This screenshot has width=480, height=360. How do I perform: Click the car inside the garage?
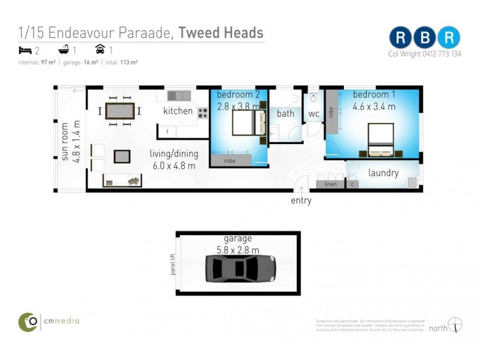240,268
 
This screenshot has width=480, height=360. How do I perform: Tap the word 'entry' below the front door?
301,201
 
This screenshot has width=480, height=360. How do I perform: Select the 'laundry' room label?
383,173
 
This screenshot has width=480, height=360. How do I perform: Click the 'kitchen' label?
178,110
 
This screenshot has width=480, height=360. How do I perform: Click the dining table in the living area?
120,111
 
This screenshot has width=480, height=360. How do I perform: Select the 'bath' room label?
286,113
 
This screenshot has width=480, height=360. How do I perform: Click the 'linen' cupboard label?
330,184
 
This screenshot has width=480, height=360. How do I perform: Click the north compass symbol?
456,325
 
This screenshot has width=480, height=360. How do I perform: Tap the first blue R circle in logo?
400,37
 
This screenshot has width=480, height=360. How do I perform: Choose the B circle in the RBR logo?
425,37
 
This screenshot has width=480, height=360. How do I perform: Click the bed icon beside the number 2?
25,50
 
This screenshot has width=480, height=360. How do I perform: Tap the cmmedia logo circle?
28,322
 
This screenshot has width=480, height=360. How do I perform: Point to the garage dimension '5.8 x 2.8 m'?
238,249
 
